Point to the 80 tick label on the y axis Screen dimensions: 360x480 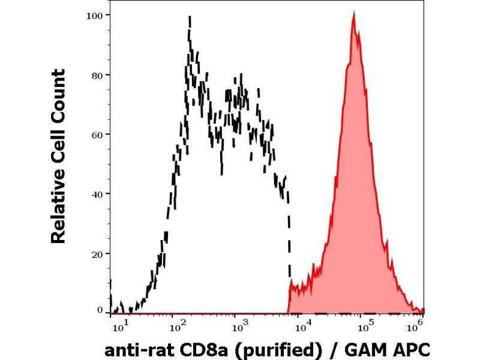click(x=96, y=75)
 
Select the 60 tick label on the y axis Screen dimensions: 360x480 click(x=96, y=134)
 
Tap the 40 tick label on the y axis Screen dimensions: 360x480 click(x=96, y=194)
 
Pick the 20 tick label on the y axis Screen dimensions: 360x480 click(x=96, y=253)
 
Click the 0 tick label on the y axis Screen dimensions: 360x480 click(x=100, y=311)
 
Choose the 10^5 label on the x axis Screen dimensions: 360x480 click(x=363, y=327)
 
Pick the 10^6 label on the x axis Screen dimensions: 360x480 click(x=415, y=327)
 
